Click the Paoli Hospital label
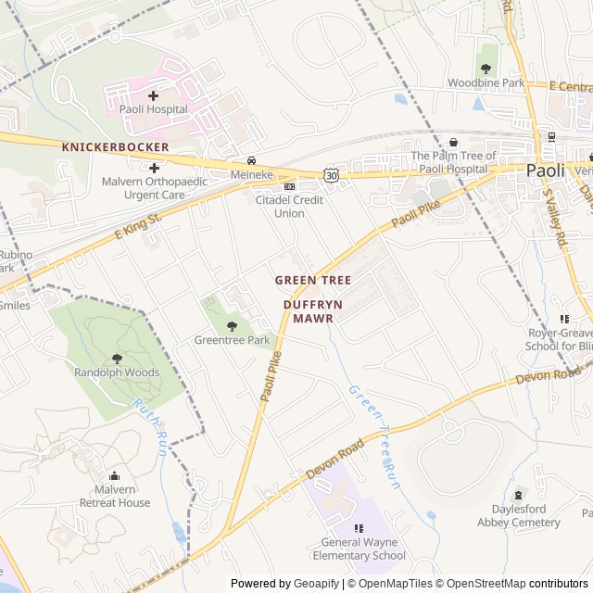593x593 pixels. pyautogui.click(x=153, y=109)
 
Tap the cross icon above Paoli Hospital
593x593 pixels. pyautogui.click(x=153, y=95)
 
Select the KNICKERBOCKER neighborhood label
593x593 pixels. pyautogui.click(x=115, y=147)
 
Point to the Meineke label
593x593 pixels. pyautogui.click(x=251, y=174)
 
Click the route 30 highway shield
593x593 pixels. pyautogui.click(x=331, y=174)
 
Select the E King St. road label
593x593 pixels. pyautogui.click(x=138, y=226)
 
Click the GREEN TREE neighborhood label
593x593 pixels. pyautogui.click(x=312, y=280)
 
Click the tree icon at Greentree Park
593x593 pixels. pyautogui.click(x=232, y=325)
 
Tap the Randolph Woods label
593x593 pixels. pyautogui.click(x=117, y=372)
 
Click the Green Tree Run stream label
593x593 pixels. pyautogui.click(x=376, y=435)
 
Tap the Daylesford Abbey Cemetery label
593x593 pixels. pyautogui.click(x=519, y=516)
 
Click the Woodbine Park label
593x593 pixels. pyautogui.click(x=486, y=83)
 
